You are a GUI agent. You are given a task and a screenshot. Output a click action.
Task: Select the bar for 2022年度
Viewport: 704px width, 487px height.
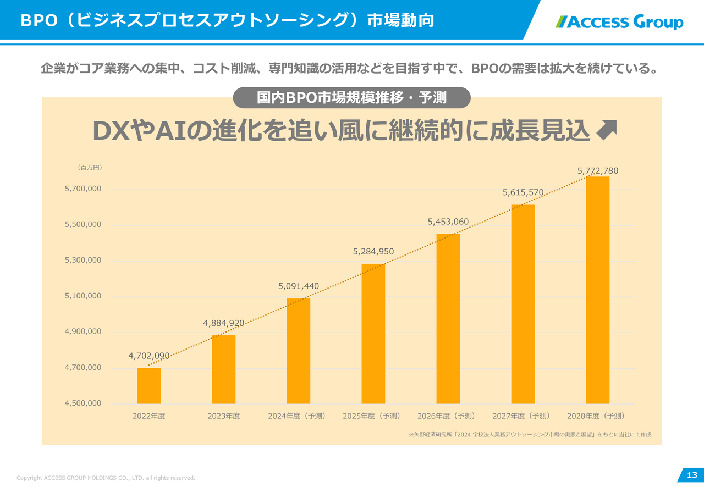149,386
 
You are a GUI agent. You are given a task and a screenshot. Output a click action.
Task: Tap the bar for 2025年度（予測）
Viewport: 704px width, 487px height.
373,334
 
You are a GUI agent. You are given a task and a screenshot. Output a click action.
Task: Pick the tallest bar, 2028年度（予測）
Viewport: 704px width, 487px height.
597,290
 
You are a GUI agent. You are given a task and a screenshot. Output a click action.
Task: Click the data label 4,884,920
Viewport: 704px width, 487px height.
224,323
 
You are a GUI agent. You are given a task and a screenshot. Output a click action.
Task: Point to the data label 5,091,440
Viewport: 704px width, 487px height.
299,286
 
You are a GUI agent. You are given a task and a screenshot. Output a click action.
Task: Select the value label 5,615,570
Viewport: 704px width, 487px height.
523,192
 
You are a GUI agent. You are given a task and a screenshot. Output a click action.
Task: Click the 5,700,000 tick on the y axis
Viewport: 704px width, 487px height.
83,189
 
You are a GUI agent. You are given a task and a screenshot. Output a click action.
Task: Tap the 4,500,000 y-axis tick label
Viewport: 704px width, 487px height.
83,403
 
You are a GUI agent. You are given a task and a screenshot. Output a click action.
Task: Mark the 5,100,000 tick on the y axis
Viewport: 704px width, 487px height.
83,296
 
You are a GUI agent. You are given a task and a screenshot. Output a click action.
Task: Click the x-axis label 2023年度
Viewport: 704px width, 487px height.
224,416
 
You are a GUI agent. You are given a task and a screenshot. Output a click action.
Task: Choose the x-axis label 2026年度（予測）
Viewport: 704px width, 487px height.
448,416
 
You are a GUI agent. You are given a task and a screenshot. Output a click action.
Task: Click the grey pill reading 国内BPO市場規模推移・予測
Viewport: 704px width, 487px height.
352,98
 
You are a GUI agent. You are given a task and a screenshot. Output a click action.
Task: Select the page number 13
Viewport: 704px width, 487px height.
692,475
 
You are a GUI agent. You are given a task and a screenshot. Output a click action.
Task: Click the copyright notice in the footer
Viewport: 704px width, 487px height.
106,478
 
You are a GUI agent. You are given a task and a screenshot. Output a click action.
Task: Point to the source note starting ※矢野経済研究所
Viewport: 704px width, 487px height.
530,435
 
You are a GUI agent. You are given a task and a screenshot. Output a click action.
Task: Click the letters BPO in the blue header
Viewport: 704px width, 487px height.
38,21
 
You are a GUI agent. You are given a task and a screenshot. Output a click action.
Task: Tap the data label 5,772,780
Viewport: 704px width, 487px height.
598,171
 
